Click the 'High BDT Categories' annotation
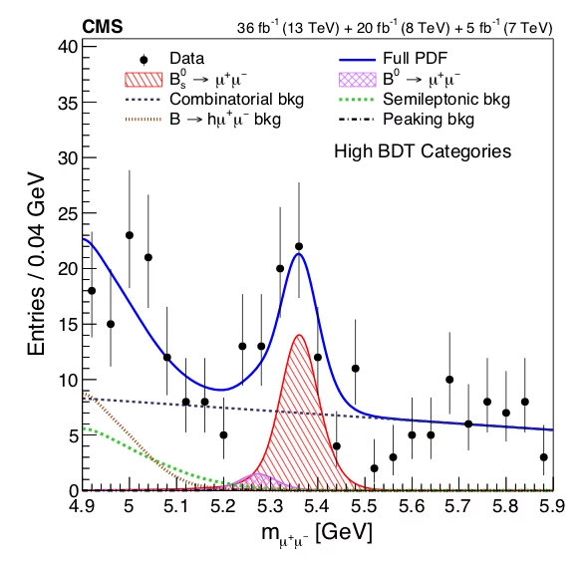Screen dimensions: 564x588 point(423,151)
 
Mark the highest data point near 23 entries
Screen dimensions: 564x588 point(130,235)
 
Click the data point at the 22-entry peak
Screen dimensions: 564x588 point(299,246)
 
